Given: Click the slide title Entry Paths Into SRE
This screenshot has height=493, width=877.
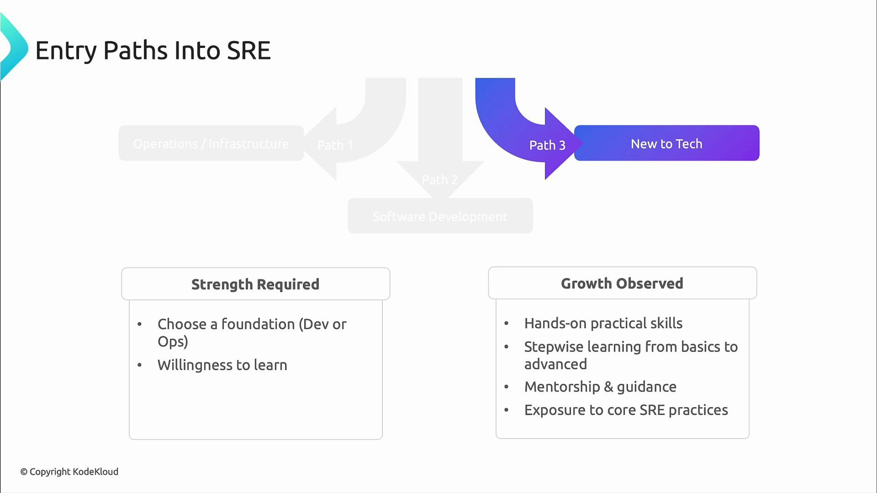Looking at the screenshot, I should click(153, 50).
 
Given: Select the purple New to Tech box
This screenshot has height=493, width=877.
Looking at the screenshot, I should click(666, 143).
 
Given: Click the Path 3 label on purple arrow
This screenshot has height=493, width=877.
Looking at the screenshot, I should click(547, 145).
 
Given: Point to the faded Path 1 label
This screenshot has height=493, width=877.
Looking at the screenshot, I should click(335, 145).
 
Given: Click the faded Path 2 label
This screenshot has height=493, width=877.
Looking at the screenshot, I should click(439, 180).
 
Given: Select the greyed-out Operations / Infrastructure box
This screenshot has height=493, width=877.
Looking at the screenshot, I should click(211, 143).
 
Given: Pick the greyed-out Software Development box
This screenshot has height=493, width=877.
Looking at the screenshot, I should click(440, 216).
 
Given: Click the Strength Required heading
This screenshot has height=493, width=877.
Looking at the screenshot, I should click(255, 284).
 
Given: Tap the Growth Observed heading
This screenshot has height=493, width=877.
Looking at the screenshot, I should click(622, 283).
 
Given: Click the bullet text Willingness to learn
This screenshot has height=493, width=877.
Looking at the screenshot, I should click(222, 365).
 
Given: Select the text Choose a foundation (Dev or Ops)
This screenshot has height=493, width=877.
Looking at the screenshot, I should click(252, 332).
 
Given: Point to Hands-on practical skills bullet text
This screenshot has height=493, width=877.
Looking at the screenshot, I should click(603, 323).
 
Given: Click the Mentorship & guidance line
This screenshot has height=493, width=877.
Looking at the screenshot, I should click(600, 387).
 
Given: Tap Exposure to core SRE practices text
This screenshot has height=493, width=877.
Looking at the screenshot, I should click(626, 410).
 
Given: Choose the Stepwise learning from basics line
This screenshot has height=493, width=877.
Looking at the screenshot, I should click(630, 347).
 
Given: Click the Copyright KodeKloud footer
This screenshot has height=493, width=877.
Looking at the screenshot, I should click(69, 472).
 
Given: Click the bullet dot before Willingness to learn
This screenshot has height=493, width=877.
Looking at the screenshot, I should click(140, 365).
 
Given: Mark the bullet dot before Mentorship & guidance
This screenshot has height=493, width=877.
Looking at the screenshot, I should click(506, 387).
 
